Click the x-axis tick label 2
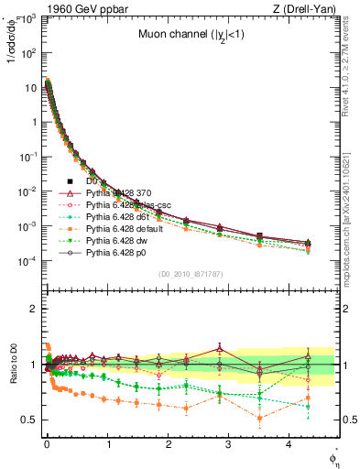(x=169, y=444)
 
